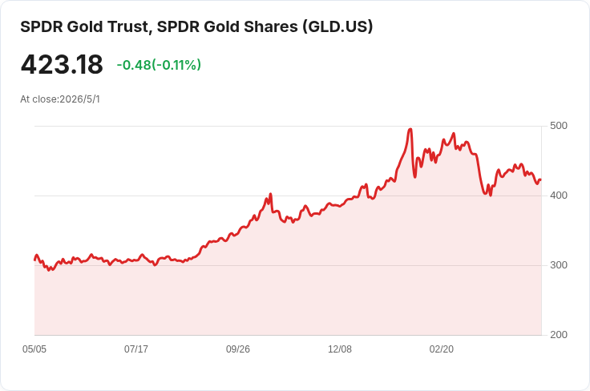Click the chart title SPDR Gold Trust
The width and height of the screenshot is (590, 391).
point(86,26)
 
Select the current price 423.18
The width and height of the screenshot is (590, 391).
point(62,64)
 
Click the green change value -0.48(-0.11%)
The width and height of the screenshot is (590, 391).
point(159,65)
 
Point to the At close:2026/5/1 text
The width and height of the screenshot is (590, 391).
point(60,99)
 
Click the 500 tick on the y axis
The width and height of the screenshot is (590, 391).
point(559,126)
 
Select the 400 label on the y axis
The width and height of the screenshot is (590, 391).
point(559,195)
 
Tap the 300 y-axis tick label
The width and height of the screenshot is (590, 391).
point(559,265)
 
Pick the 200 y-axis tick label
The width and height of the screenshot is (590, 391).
point(559,335)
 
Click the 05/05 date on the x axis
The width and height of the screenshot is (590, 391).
point(34,349)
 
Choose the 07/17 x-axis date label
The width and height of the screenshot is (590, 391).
point(136,349)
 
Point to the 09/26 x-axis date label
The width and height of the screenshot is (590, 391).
point(238,349)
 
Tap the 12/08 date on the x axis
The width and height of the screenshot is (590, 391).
point(340,349)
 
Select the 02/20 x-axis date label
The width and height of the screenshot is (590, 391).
point(442,349)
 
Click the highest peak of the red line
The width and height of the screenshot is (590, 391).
point(410,129)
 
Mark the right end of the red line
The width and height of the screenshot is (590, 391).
point(541,179)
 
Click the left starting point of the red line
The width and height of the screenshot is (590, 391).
point(35,260)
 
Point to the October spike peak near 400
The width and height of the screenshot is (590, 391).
point(270,194)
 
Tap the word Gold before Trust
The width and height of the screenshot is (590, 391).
point(86,26)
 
